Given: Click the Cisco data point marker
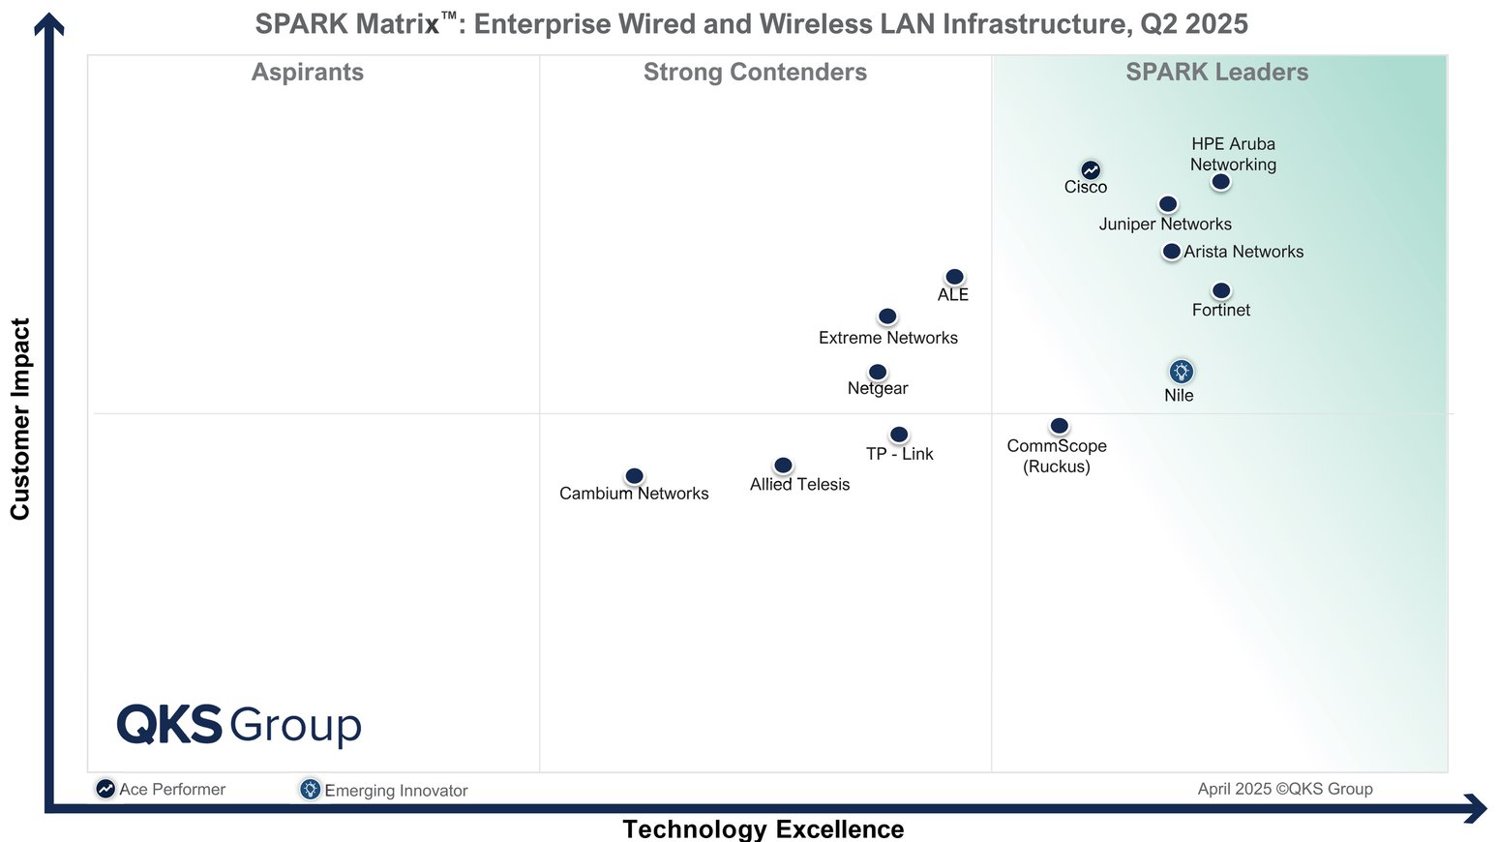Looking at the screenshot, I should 1091,170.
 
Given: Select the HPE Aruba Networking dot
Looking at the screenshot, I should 1221,182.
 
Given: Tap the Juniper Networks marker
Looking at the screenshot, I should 1168,204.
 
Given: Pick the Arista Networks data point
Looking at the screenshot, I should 1172,252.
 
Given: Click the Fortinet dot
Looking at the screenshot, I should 1221,290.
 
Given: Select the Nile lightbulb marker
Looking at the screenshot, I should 1181,372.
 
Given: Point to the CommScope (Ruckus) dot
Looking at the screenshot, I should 1060,426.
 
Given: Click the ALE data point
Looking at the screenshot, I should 954,277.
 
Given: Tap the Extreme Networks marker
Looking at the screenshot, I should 887,316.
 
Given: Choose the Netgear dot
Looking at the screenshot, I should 878,373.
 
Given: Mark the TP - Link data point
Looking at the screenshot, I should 899,435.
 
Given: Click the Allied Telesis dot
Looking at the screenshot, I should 784,466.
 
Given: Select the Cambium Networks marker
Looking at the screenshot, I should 634,476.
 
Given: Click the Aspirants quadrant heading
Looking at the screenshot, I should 308,73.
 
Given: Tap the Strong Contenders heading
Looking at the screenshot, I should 755,73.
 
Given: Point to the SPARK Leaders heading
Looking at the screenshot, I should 1216,73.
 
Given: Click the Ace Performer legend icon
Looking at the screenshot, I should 105,789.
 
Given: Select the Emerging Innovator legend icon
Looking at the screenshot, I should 310,789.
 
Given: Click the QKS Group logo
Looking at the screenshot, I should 239,725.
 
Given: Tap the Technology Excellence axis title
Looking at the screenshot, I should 763,828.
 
